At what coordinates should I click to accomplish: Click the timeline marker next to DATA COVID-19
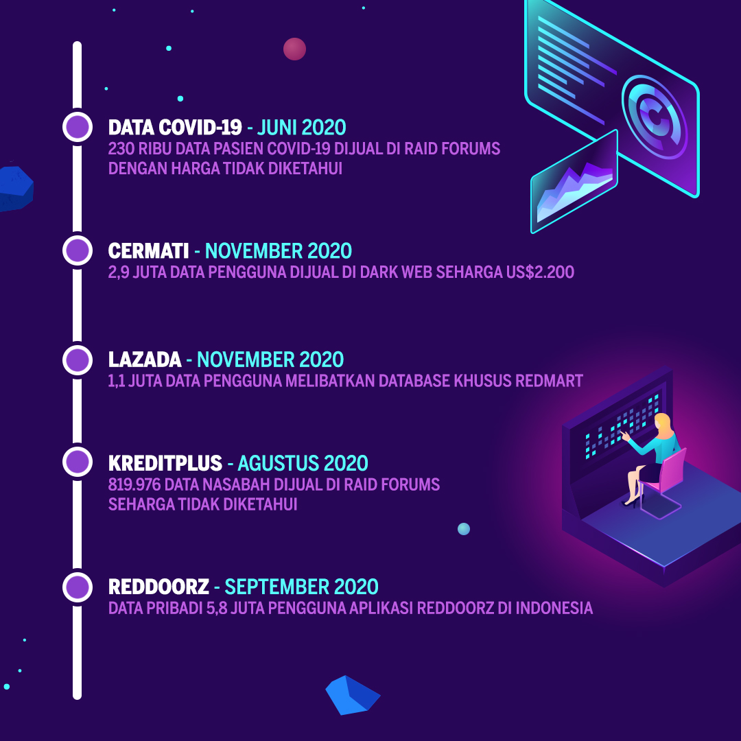pos(78,127)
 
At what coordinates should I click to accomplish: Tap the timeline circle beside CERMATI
pos(78,250)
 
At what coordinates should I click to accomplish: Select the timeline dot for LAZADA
pos(78,360)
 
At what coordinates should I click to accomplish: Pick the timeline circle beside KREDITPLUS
pos(78,462)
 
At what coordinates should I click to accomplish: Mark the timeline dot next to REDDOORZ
pos(78,587)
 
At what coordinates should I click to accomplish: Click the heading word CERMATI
pos(148,251)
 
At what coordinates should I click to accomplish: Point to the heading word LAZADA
pos(145,360)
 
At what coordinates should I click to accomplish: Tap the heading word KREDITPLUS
pos(165,463)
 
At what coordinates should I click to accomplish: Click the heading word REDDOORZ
pos(158,587)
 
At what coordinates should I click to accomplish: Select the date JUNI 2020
pos(301,128)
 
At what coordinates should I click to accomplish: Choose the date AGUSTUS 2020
pos(303,463)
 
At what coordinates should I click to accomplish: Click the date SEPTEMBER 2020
pos(301,587)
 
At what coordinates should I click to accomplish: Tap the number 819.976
pos(134,484)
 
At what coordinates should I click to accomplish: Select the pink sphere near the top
pos(294,49)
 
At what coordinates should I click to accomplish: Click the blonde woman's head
pos(662,422)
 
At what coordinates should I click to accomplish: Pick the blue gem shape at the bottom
pos(353,695)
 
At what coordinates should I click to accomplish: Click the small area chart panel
pos(574,182)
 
